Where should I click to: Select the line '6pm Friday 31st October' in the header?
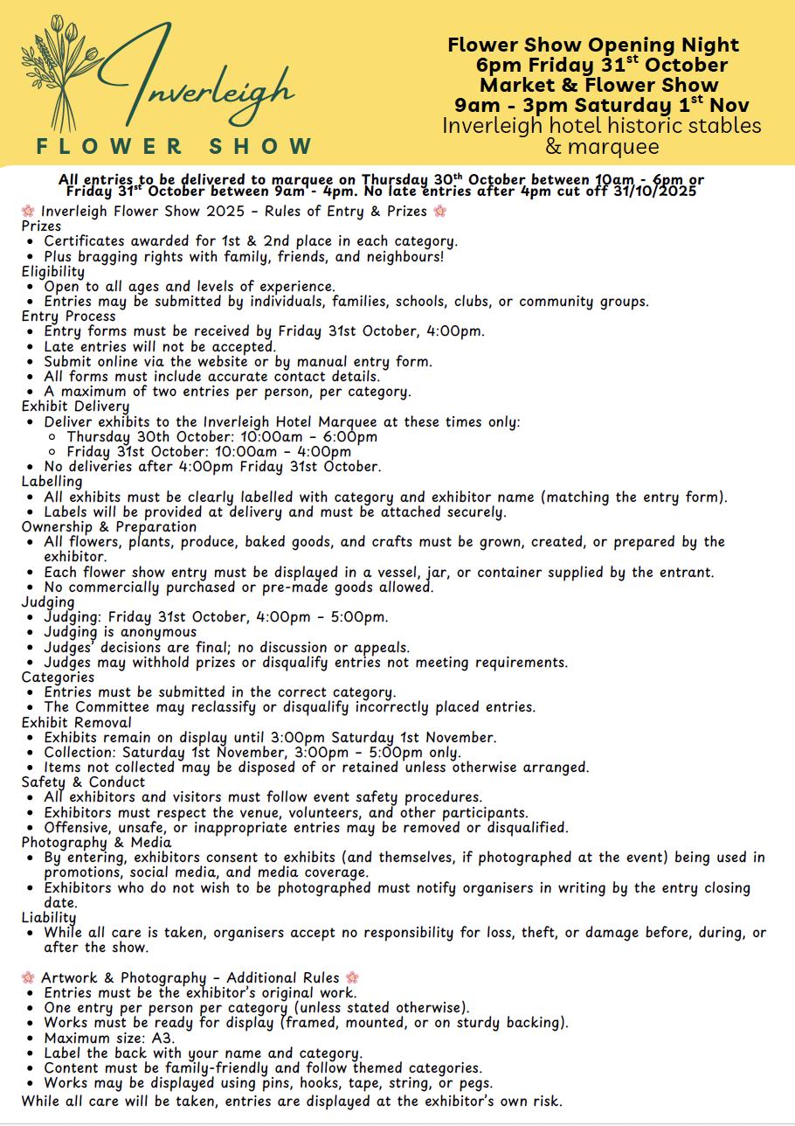[x=602, y=65]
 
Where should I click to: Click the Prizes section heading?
[x=41, y=226]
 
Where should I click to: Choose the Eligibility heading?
[x=53, y=271]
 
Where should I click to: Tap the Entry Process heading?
[x=69, y=316]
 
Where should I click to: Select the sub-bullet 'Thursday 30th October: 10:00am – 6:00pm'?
[x=222, y=436]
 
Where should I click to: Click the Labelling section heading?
[x=52, y=482]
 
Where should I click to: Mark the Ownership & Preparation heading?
[x=109, y=526]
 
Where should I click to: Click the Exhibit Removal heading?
[x=77, y=722]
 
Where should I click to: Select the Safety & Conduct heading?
[x=83, y=782]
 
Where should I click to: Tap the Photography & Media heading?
[x=96, y=843]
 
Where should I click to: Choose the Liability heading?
[x=49, y=918]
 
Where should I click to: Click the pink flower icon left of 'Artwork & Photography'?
[x=28, y=977]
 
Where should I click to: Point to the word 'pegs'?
[x=476, y=1083]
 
